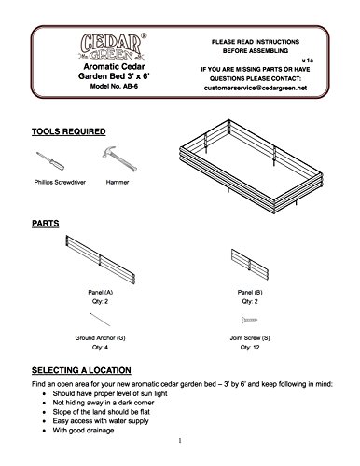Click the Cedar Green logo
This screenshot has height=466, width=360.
[113, 47]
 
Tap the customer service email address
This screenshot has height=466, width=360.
[256, 88]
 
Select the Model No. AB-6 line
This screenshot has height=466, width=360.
[114, 86]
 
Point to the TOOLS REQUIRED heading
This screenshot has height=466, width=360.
[69, 131]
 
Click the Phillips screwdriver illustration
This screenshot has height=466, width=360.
[50, 161]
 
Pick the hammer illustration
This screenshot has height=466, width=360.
[119, 158]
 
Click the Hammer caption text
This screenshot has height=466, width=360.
[118, 182]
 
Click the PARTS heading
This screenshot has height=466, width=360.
[46, 224]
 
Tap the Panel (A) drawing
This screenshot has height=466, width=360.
[100, 260]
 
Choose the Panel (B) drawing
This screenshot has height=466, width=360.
[250, 264]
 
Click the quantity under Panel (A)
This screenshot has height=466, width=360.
[100, 301]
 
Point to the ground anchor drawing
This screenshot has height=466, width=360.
[100, 320]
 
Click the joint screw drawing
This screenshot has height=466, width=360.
[249, 320]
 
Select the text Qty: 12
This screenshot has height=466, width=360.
[250, 348]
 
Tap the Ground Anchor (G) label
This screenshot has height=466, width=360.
[100, 338]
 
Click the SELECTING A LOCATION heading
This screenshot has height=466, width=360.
[81, 370]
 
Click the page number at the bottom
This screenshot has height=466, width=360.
[180, 441]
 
